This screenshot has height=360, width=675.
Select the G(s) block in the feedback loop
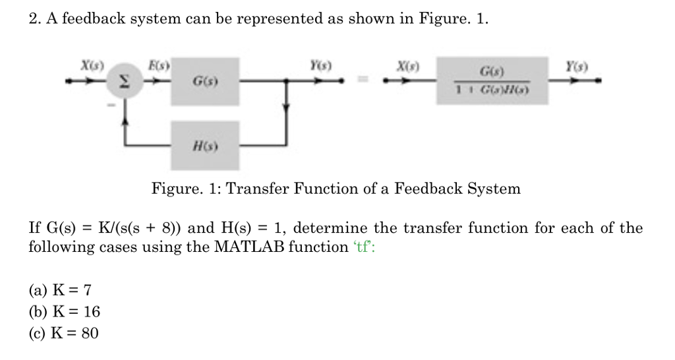pyautogui.click(x=205, y=81)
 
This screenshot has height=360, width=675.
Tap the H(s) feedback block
pyautogui.click(x=205, y=145)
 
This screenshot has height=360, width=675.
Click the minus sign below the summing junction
pyautogui.click(x=112, y=104)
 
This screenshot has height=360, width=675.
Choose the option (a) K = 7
pyautogui.click(x=59, y=289)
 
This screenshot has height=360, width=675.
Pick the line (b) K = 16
pyautogui.click(x=63, y=311)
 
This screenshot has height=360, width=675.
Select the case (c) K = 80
pyautogui.click(x=63, y=333)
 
